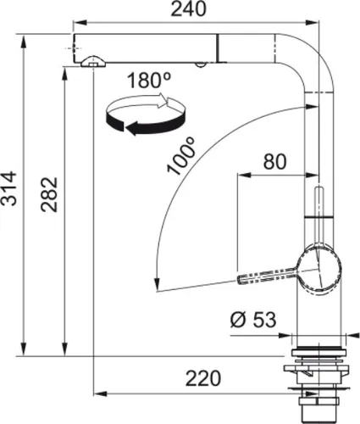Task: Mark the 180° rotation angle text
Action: coord(149,82)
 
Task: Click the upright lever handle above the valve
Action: coord(319,208)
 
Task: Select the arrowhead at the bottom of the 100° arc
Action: coord(152,285)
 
